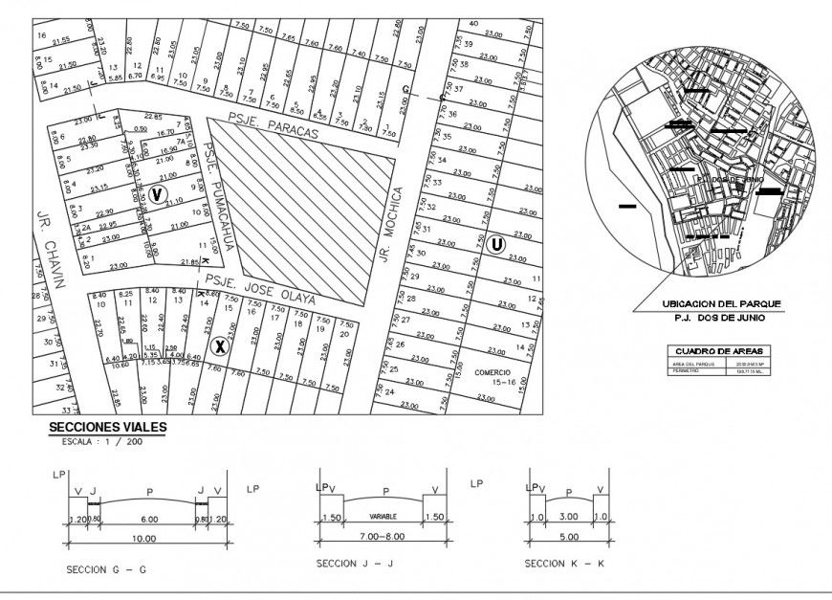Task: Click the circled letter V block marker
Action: point(157,194)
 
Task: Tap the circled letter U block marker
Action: point(495,244)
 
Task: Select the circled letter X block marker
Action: point(219,345)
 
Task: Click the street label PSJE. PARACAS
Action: point(273,128)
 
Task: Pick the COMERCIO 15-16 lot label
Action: point(492,376)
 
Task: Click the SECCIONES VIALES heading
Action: point(107,428)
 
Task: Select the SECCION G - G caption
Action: point(106,569)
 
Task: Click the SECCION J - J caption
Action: point(355,564)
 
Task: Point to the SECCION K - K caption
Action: point(564,564)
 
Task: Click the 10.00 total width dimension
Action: point(144,539)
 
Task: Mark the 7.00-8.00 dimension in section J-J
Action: point(383,539)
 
